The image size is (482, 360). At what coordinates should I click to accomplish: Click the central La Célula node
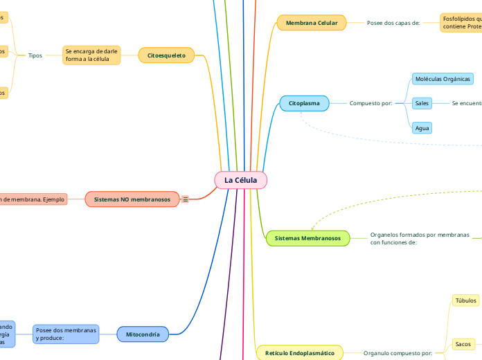pyautogui.click(x=240, y=180)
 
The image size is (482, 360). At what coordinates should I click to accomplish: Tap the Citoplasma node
pyautogui.click(x=304, y=103)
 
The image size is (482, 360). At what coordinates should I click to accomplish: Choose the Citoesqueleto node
pyautogui.click(x=166, y=55)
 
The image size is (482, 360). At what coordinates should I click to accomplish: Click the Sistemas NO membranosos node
pyautogui.click(x=132, y=199)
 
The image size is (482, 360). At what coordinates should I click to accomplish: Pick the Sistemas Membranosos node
pyautogui.click(x=307, y=238)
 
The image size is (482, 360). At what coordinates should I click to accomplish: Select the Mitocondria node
pyautogui.click(x=143, y=334)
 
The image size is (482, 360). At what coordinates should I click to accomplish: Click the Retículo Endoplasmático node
pyautogui.click(x=299, y=353)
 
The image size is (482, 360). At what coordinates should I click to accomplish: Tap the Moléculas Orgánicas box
pyautogui.click(x=443, y=79)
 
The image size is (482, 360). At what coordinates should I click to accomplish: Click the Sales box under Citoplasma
pyautogui.click(x=421, y=103)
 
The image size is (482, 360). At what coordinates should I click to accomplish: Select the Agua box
pyautogui.click(x=421, y=128)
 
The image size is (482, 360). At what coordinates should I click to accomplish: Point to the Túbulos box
pyautogui.click(x=465, y=300)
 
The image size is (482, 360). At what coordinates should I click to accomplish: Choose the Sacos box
pyautogui.click(x=463, y=343)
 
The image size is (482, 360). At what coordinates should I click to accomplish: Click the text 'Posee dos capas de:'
pyautogui.click(x=393, y=23)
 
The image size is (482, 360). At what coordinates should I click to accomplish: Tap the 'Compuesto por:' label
pyautogui.click(x=371, y=103)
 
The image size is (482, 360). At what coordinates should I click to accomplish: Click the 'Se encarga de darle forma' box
pyautogui.click(x=91, y=55)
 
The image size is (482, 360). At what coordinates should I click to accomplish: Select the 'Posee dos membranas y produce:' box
pyautogui.click(x=66, y=334)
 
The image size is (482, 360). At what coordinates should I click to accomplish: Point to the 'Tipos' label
pyautogui.click(x=35, y=55)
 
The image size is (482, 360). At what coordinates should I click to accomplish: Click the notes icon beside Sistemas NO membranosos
pyautogui.click(x=186, y=199)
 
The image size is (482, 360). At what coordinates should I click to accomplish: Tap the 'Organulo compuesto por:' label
pyautogui.click(x=398, y=353)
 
